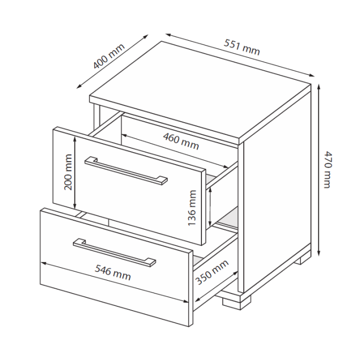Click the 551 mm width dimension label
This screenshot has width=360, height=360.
tap(242, 47)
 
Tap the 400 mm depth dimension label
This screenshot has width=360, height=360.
tap(109, 56)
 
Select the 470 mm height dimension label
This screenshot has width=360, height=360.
tap(327, 169)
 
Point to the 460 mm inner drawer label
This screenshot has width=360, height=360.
tap(181, 141)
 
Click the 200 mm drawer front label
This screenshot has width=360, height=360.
tap(68, 172)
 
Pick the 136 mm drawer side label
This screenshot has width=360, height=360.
tap(192, 208)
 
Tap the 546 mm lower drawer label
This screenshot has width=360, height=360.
tap(112, 273)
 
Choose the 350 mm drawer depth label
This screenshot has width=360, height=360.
tap(212, 272)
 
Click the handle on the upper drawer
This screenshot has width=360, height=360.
tap(126, 170)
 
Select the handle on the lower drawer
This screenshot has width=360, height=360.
tap(114, 252)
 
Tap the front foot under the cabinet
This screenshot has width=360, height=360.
tap(236, 303)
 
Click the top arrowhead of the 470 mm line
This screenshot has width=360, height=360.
tap(319, 86)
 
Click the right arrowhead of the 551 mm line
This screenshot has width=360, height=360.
tap(312, 75)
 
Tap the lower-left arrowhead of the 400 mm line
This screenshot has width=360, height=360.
tap(79, 86)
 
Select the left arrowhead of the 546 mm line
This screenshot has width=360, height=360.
tap(43, 264)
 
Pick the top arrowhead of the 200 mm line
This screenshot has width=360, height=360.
tap(74, 138)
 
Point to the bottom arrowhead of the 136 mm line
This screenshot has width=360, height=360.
tap(209, 224)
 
